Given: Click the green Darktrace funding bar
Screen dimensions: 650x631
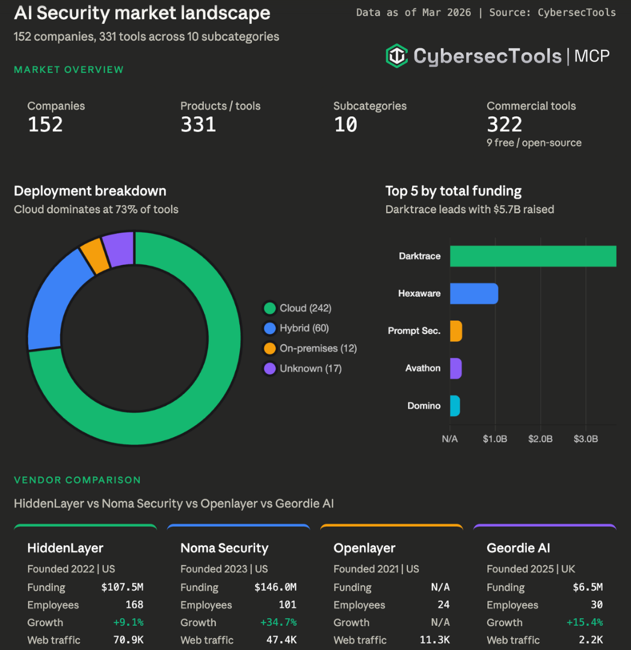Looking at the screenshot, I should click(x=532, y=256).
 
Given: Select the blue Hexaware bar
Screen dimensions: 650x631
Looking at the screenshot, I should click(x=473, y=294).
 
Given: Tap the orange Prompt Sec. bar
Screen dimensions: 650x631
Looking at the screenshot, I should click(x=456, y=331).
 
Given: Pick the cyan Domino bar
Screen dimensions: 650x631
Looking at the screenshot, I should click(x=455, y=406).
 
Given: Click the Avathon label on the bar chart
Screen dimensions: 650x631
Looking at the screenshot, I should click(x=422, y=368).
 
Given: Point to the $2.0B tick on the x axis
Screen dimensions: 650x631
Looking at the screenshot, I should click(x=540, y=439).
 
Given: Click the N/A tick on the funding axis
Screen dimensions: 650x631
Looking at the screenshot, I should click(x=449, y=439).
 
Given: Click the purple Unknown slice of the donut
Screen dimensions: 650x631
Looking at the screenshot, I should click(x=119, y=247).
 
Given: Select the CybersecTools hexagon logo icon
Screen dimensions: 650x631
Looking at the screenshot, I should click(x=396, y=56).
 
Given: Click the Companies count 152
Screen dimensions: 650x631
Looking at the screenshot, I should click(x=45, y=125).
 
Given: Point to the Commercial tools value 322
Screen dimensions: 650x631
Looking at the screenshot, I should click(x=504, y=125).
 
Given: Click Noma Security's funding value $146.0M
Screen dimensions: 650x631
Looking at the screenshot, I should click(x=275, y=587).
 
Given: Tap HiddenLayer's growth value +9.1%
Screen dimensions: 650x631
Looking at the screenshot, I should click(x=128, y=622).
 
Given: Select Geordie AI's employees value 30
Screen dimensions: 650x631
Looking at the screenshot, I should click(x=596, y=605).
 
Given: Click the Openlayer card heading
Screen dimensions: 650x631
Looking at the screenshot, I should click(x=365, y=548).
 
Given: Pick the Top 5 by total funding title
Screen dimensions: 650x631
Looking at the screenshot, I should click(x=453, y=191).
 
